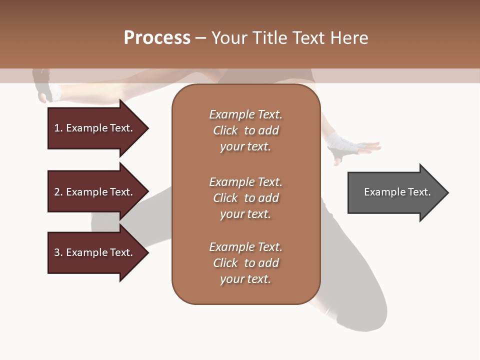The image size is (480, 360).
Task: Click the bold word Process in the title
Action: pyautogui.click(x=157, y=38)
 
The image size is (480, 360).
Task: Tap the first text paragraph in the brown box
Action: pyautogui.click(x=245, y=130)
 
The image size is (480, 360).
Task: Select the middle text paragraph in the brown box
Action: pyautogui.click(x=245, y=198)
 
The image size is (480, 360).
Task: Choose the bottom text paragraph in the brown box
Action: pyautogui.click(x=245, y=263)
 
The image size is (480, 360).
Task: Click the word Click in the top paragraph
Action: pyautogui.click(x=225, y=130)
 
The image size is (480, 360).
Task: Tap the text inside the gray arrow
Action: pyautogui.click(x=397, y=192)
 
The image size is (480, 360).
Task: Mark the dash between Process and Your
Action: pyautogui.click(x=200, y=38)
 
